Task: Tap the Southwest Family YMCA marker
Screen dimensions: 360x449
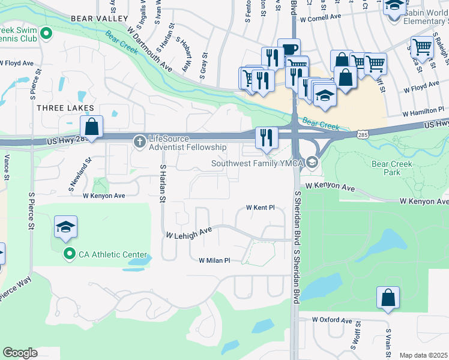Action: click(312, 163)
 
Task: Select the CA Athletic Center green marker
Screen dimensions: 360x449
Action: click(69, 254)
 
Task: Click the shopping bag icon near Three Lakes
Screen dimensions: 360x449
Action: click(91, 127)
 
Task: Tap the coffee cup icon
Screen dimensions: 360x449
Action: click(291, 49)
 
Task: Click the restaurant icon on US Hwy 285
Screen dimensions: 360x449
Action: click(264, 137)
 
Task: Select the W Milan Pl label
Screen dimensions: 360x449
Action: click(214, 260)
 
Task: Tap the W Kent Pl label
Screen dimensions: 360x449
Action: click(260, 208)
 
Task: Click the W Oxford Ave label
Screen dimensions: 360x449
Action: click(331, 320)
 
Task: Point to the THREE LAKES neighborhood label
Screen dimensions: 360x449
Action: click(65, 108)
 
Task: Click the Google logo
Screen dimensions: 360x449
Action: click(20, 353)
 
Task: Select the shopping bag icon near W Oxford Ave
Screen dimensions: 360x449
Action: click(388, 298)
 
